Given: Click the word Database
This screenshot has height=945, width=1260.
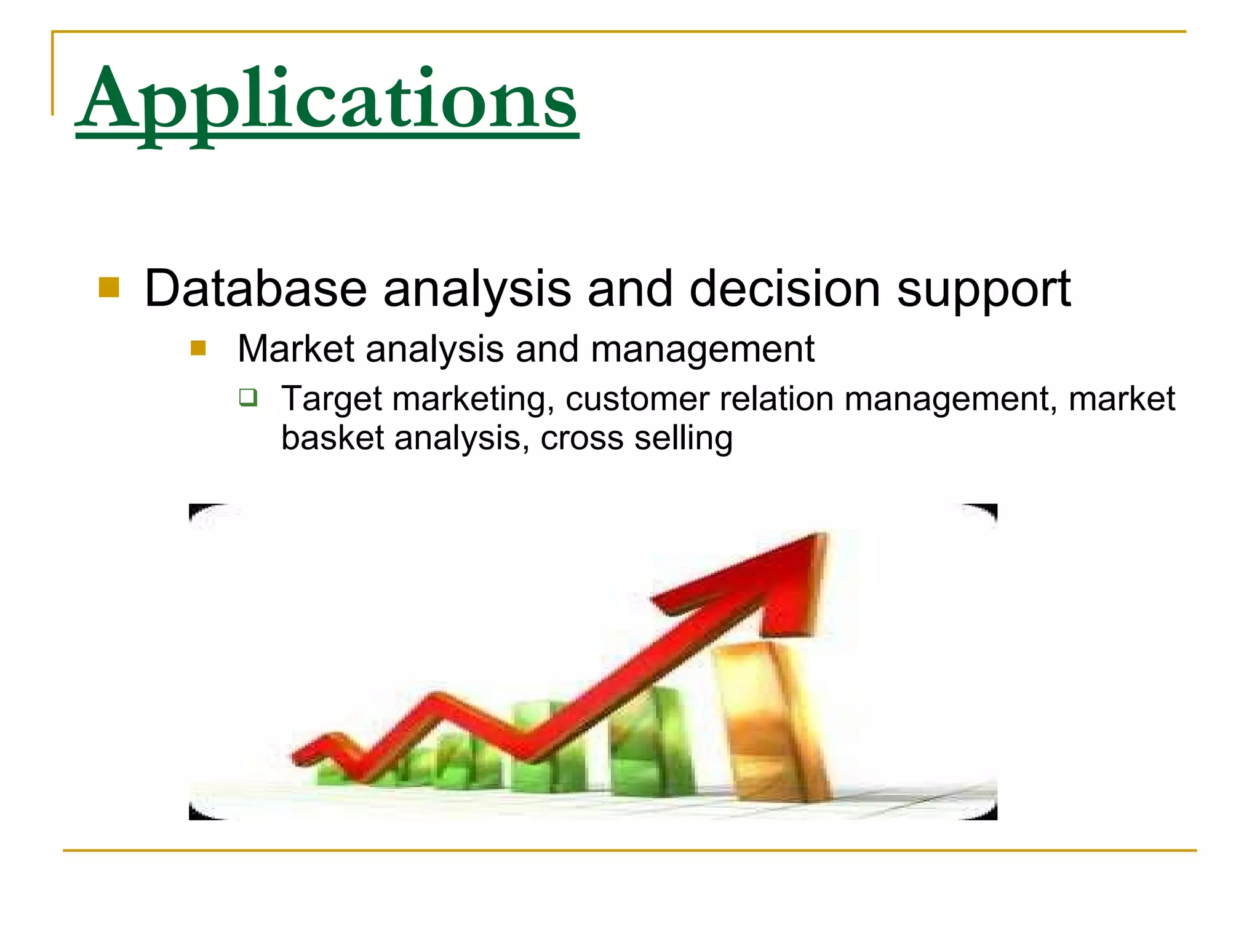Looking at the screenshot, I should (x=255, y=289).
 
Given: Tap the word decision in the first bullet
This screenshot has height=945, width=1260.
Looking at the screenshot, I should (x=784, y=289).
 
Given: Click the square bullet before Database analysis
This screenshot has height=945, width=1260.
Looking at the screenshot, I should (x=109, y=287).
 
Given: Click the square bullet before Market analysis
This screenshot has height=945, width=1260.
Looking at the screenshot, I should (x=197, y=349).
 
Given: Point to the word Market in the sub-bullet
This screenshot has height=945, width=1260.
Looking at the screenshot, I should (x=296, y=349).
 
